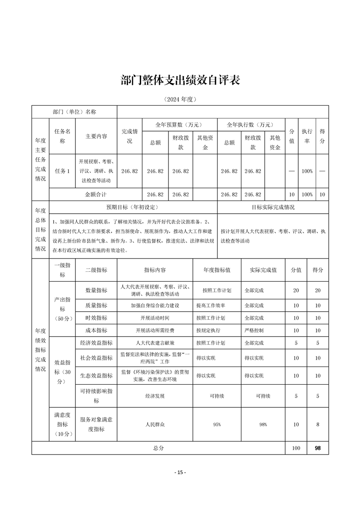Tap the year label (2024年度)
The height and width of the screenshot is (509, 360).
pyautogui.click(x=180, y=99)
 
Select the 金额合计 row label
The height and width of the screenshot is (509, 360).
pyautogui.click(x=96, y=194)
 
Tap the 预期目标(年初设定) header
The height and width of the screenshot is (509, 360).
pyautogui.click(x=132, y=207)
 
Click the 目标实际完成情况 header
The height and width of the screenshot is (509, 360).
pyautogui.click(x=273, y=207)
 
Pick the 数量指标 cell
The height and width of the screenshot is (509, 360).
pyautogui.click(x=96, y=290)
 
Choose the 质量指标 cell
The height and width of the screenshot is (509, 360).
pyautogui.click(x=96, y=305)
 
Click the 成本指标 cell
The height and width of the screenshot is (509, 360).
pyautogui.click(x=96, y=330)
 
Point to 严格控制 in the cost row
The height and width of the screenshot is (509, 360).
pyautogui.click(x=254, y=330)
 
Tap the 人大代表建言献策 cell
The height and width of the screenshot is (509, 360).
pyautogui.click(x=155, y=343)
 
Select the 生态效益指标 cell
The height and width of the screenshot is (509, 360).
pyautogui.click(x=96, y=376)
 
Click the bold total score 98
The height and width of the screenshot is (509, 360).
pyautogui.click(x=318, y=448)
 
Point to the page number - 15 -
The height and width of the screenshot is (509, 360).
pyautogui.click(x=180, y=472)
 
